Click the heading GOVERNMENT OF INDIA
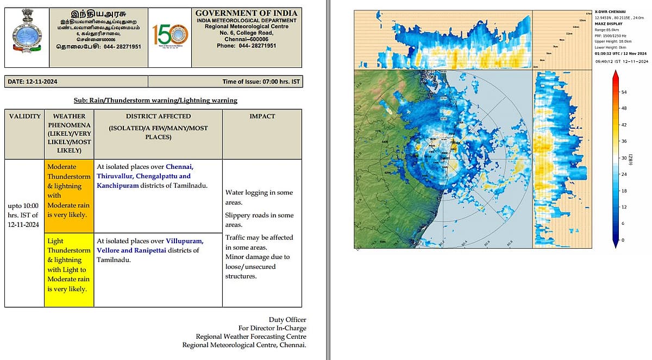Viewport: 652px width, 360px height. click(x=246, y=13)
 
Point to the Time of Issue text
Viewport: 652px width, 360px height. click(x=261, y=82)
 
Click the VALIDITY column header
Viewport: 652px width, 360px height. click(x=24, y=116)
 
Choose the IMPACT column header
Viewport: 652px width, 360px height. click(x=262, y=116)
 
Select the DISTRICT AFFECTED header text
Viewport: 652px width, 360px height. click(x=158, y=116)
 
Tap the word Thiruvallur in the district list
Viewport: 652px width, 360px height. click(x=116, y=176)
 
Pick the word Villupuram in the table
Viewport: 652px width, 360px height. click(x=184, y=241)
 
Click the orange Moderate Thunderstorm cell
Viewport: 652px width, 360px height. click(x=68, y=195)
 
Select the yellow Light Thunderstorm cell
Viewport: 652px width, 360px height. click(x=68, y=270)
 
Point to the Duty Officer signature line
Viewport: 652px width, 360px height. click(x=287, y=319)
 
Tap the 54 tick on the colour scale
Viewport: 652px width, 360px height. click(x=624, y=92)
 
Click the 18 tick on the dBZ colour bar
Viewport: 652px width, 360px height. click(x=624, y=191)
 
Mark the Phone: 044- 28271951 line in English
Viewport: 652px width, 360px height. click(x=246, y=46)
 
